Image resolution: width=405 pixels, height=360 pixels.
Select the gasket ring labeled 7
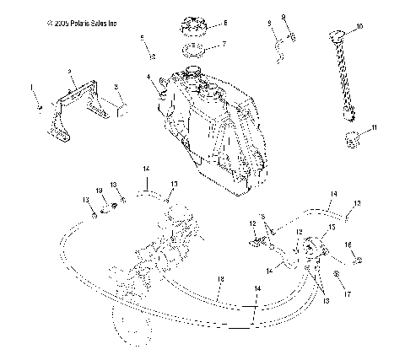tap(194, 46)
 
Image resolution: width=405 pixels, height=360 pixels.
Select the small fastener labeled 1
tap(37, 108)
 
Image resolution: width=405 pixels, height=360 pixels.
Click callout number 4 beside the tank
tap(148, 78)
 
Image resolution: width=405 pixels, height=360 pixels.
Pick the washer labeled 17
tap(337, 277)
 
